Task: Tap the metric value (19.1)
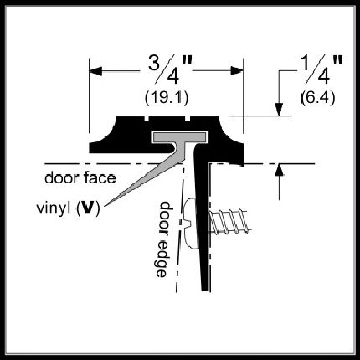tap(167, 98)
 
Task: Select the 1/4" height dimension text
tap(321, 69)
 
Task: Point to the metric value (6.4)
tap(317, 98)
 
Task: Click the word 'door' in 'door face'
tap(62, 177)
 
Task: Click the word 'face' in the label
tap(99, 177)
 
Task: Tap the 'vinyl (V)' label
tap(69, 208)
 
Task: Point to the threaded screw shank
tap(229, 221)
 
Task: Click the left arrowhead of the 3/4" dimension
tap(95, 71)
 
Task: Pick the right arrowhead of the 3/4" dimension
tap(237, 71)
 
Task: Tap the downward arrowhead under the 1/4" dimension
tap(279, 110)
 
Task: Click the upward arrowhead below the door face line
tap(279, 170)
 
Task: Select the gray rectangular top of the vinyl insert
tap(178, 136)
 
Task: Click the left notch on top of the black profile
tap(147, 119)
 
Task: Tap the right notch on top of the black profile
tap(188, 119)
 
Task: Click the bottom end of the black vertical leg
tap(206, 291)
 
